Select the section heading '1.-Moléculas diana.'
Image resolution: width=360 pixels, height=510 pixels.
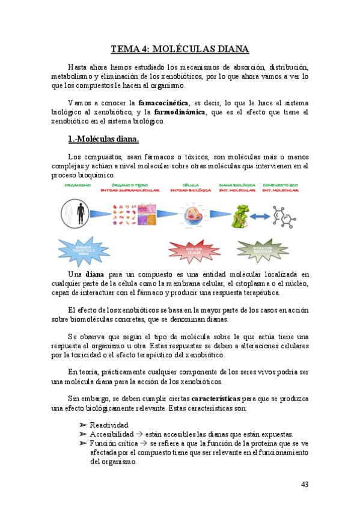[x=103, y=140]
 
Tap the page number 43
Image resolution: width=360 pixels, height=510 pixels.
[x=305, y=485]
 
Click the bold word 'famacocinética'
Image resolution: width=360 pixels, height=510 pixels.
[x=162, y=102]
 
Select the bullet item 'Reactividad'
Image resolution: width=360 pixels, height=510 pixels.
[x=109, y=425]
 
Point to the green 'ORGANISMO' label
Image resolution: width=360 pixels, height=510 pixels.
[x=78, y=185]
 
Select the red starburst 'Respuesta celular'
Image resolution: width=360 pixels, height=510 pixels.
[x=194, y=250]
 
